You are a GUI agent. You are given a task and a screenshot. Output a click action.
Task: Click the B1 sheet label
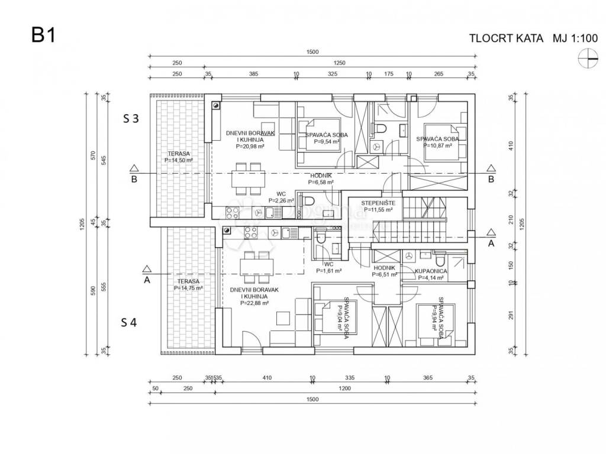(43, 35)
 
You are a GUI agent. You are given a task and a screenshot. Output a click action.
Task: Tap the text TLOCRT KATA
(506, 38)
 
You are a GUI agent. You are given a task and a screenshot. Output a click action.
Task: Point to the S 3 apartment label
(131, 118)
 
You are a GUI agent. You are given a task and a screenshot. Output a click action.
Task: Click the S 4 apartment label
(130, 322)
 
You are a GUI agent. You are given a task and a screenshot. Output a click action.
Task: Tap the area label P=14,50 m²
(180, 160)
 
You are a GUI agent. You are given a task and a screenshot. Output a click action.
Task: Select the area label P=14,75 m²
(188, 288)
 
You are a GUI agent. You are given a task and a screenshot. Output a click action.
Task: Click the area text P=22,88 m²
(254, 303)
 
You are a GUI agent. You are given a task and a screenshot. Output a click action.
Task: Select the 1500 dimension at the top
(312, 52)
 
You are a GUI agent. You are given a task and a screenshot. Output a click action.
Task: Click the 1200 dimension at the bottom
(345, 388)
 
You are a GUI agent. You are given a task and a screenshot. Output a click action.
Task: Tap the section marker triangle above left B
(134, 168)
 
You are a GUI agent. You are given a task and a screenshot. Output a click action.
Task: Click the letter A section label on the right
(491, 242)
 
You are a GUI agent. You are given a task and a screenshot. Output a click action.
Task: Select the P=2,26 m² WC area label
(281, 200)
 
